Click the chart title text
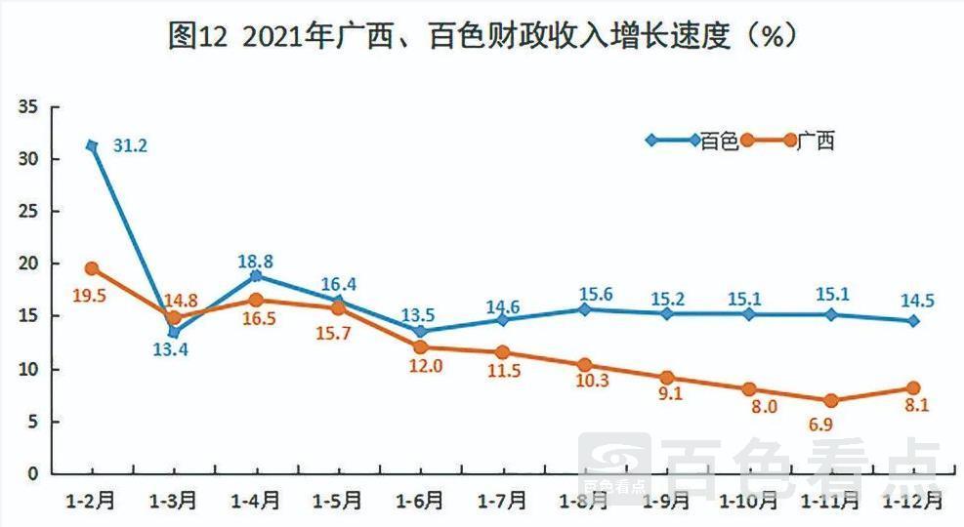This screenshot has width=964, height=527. [x=482, y=36]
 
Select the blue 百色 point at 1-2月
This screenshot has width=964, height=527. [x=92, y=145]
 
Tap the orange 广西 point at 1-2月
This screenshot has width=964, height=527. [x=92, y=268]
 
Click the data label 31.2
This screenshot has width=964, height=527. [x=130, y=146]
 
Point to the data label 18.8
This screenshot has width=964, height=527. [x=255, y=261]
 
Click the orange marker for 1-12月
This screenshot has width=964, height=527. [x=913, y=388]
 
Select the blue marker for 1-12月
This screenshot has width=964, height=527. [x=913, y=320]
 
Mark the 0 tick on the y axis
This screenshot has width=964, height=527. [x=31, y=474]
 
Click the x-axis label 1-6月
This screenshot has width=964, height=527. [x=420, y=501]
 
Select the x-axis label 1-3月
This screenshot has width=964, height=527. [x=173, y=501]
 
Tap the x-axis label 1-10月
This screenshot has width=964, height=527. [x=748, y=501]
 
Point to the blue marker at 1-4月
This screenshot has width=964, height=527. [x=256, y=276]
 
